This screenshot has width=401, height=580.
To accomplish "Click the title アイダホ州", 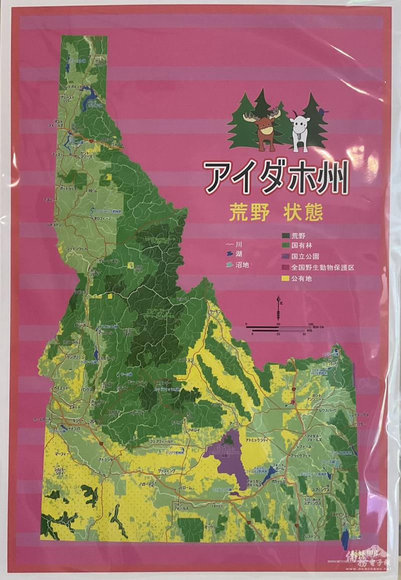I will point(276,178).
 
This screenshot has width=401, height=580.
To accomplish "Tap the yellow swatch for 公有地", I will point(287,278).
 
